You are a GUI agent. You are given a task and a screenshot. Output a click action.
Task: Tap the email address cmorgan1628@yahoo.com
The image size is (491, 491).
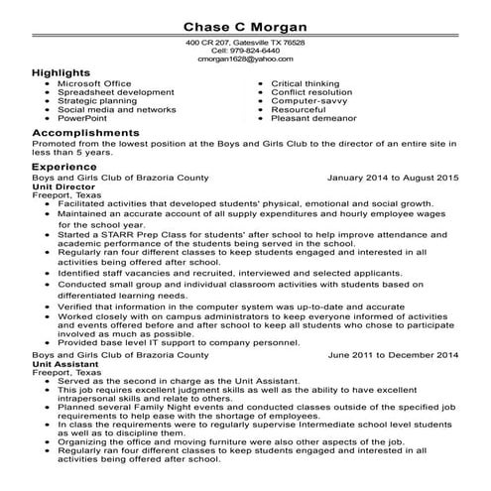coord(245,60)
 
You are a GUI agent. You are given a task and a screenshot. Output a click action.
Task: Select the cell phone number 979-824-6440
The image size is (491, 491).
coord(245,52)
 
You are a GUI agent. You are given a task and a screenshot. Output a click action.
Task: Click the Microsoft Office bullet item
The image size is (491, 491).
coord(97,84)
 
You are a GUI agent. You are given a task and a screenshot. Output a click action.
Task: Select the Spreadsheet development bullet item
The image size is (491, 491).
coord(115,92)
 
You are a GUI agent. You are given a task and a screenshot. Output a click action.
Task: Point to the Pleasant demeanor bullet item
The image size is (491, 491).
coord(317,117)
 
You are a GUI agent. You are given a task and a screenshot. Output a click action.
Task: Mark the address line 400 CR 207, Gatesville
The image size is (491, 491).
coord(245,44)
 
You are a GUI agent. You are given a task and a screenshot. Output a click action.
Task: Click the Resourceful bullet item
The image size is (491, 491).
coord(299,109)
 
